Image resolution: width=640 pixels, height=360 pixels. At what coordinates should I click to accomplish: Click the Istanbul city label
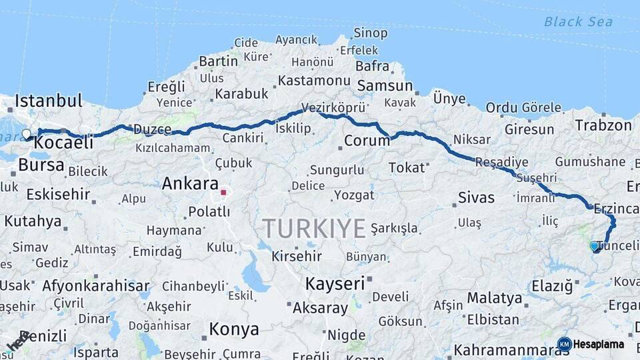coord(49,101)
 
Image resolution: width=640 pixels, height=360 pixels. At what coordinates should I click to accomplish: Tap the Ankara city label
coord(190,183)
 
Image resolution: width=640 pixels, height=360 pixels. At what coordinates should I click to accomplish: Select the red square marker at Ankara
coord(224,193)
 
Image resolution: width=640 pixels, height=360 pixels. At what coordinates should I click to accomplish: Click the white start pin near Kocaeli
coord(27,135)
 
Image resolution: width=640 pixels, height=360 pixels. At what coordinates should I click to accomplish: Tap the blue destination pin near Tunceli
coord(594,246)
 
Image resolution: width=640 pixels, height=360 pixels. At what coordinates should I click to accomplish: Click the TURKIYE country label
coord(313,229)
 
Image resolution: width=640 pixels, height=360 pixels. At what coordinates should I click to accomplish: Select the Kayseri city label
coord(335,283)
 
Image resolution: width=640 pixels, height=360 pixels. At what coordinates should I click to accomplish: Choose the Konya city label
coord(234,329)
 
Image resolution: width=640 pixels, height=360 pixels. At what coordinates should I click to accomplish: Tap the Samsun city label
coord(385,85)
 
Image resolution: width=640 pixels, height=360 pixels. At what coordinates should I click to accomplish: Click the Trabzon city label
coord(603,125)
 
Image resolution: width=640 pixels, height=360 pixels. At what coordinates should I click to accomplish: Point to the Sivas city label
coord(477,197)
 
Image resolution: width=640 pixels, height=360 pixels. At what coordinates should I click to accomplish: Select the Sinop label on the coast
coord(370,33)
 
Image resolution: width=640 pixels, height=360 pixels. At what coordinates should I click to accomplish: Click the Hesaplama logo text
coord(598,344)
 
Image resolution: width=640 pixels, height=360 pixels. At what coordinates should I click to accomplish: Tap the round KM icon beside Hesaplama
coord(564,344)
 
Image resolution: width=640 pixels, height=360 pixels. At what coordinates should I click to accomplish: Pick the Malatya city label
coord(494,297)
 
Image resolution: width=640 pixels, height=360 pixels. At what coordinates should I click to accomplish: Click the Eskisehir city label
coord(58,195)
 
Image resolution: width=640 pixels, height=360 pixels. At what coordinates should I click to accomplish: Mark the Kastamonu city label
coord(314,80)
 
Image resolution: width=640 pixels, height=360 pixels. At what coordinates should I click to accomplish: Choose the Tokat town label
coord(407,167)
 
